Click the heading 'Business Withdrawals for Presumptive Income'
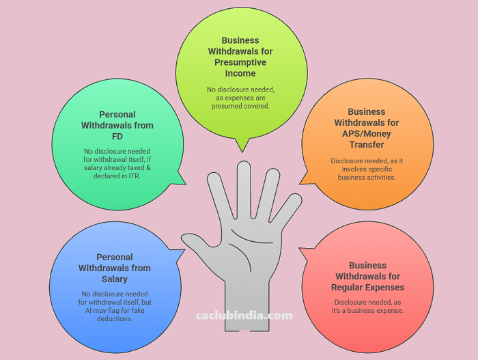pos(240,57)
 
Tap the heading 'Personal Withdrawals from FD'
pos(117,126)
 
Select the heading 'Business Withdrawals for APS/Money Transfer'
pos(366,128)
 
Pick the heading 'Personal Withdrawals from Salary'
pos(113,268)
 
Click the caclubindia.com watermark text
pos(244,316)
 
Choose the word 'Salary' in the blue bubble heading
pos(113,279)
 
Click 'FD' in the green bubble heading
pos(117,137)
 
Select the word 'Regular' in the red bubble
pos(354,287)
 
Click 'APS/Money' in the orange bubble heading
pos(366,133)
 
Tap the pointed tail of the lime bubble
pos(240,147)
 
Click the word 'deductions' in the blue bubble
pos(114,318)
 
